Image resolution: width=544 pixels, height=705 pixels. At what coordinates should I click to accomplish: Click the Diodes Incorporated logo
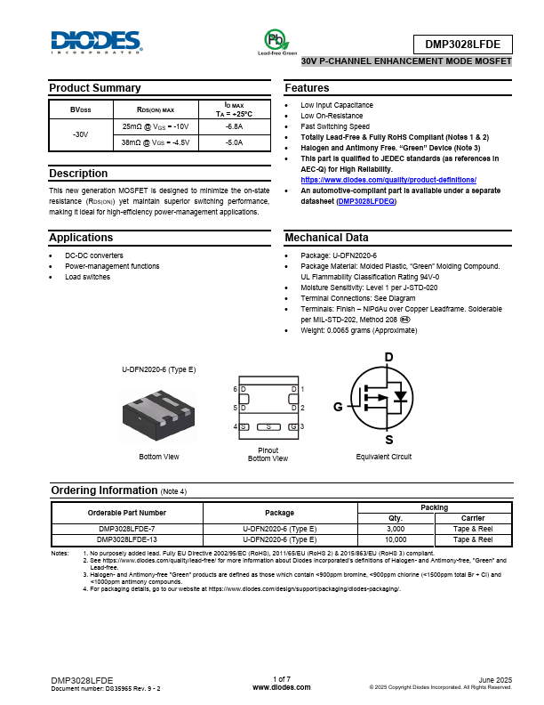pyautogui.click(x=96, y=42)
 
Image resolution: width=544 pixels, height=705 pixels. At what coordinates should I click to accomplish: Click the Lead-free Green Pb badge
pyautogui.click(x=277, y=41)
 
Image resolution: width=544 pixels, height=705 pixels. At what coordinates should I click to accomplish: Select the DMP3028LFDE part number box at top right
pyautogui.click(x=463, y=45)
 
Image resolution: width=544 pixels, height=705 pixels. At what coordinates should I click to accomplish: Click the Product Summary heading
pyautogui.click(x=94, y=88)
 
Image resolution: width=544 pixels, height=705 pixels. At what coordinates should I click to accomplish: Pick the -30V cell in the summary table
pyautogui.click(x=80, y=134)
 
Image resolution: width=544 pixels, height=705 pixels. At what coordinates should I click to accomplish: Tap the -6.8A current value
pyautogui.click(x=234, y=127)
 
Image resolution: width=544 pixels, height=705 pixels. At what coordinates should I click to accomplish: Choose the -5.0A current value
pyautogui.click(x=234, y=142)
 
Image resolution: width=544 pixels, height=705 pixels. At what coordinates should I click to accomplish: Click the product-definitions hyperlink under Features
pyautogui.click(x=388, y=180)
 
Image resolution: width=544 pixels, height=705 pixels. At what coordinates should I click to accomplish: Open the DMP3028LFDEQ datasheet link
pyautogui.click(x=366, y=202)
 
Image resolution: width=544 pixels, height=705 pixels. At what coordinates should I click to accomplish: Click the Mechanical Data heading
pyautogui.click(x=326, y=238)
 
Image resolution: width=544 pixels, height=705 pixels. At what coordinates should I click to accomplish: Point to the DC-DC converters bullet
pyautogui.click(x=94, y=255)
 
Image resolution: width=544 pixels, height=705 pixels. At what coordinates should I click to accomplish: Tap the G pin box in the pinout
pyautogui.click(x=292, y=427)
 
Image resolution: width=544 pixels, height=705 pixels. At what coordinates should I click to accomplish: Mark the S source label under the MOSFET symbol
pyautogui.click(x=388, y=440)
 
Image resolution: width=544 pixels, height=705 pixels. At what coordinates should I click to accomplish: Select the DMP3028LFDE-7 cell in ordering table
pyautogui.click(x=127, y=529)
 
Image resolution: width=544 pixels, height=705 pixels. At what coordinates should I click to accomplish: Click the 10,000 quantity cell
pyautogui.click(x=396, y=539)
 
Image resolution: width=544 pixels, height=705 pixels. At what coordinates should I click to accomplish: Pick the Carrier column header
pyautogui.click(x=473, y=518)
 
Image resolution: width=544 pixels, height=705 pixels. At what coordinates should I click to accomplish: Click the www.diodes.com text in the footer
pyautogui.click(x=281, y=687)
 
